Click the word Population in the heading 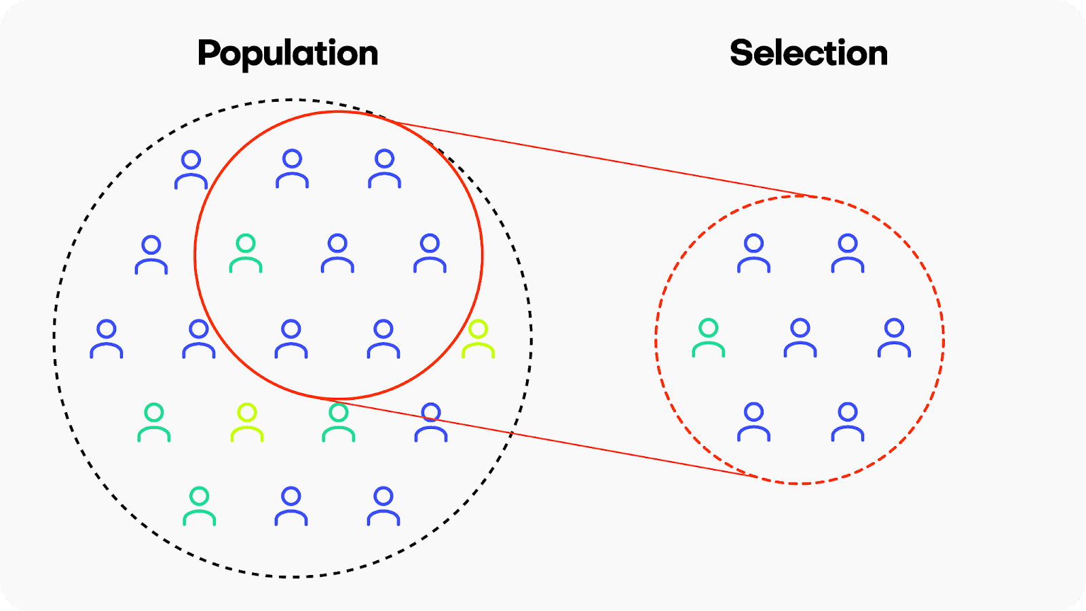pyautogui.click(x=287, y=53)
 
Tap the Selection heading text pyautogui.click(x=808, y=53)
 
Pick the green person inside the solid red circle pyautogui.click(x=246, y=254)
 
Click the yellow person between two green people pyautogui.click(x=246, y=423)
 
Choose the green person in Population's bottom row pyautogui.click(x=199, y=507)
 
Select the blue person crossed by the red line pyautogui.click(x=431, y=423)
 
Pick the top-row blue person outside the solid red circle pyautogui.click(x=191, y=170)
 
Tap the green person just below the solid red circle pyautogui.click(x=338, y=423)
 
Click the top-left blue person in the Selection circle pyautogui.click(x=753, y=254)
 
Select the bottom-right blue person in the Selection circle pyautogui.click(x=848, y=423)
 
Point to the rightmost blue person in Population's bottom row pyautogui.click(x=383, y=507)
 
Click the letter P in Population pyautogui.click(x=210, y=53)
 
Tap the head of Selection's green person pyautogui.click(x=708, y=329)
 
